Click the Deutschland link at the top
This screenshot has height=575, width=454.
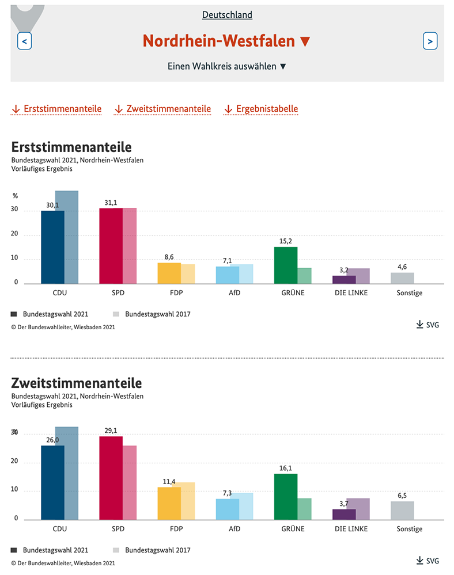tap(227, 15)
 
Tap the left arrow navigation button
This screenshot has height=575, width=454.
tap(25, 41)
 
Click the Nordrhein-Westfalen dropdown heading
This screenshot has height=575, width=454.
tap(226, 41)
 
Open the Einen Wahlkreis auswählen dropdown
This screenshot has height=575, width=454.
tap(226, 66)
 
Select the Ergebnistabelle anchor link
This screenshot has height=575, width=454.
tap(261, 109)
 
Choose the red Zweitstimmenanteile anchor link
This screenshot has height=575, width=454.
tap(162, 109)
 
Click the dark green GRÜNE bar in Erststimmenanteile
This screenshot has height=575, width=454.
tap(286, 265)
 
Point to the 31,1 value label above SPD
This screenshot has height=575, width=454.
tap(111, 203)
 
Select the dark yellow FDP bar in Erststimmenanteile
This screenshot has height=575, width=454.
tap(169, 273)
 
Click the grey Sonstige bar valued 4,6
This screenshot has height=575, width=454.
tap(402, 279)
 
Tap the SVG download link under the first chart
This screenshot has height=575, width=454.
tap(427, 325)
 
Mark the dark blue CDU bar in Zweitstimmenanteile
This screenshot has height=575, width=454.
tap(52, 482)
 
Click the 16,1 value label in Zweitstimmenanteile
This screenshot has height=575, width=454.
tap(286, 469)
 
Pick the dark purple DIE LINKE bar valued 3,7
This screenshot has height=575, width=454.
tap(345, 515)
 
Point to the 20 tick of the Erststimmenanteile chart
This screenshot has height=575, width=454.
tap(14, 234)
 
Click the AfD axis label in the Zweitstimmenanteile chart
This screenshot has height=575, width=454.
tap(234, 529)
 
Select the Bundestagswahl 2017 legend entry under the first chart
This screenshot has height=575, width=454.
tap(152, 314)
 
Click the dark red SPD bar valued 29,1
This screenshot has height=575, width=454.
tap(111, 478)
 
